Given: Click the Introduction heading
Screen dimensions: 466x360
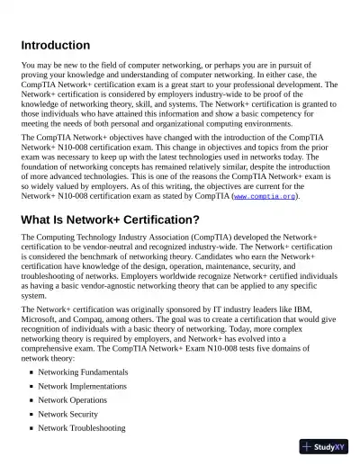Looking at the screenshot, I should [55, 45].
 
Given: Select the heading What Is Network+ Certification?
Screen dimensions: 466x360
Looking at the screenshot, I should [110, 219].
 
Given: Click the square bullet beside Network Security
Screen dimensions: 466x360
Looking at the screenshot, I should [31, 415].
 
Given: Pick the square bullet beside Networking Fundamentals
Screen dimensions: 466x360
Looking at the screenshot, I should [31, 372].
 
